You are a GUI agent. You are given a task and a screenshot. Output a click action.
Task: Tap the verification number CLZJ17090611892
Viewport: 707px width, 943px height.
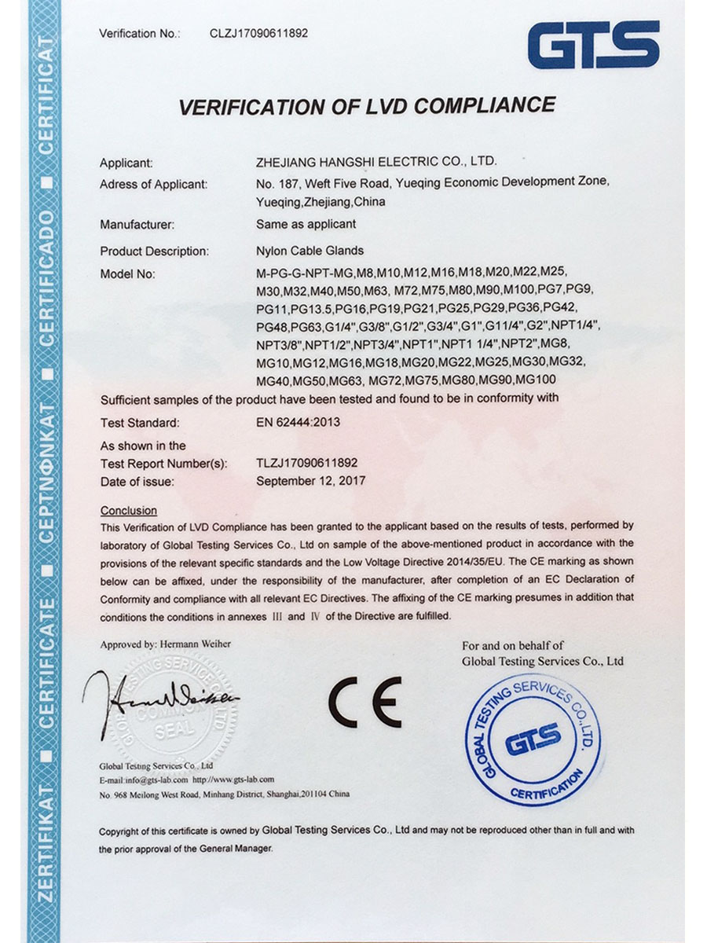(x=258, y=33)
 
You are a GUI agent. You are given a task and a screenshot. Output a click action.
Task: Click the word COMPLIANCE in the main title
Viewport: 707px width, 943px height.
(x=469, y=105)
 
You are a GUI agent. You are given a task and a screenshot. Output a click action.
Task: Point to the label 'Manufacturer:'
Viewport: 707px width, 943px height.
(x=137, y=224)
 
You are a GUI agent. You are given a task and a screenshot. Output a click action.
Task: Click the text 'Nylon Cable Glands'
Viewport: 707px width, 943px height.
(x=310, y=251)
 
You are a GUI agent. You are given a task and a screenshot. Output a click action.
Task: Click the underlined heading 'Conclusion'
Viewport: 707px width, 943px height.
(x=129, y=510)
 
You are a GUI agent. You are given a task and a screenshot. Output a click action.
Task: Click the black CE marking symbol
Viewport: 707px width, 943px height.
(x=364, y=702)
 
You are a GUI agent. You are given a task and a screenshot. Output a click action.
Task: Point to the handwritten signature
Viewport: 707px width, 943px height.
(x=161, y=699)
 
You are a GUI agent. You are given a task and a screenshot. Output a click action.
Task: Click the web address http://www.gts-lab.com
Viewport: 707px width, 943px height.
(x=233, y=780)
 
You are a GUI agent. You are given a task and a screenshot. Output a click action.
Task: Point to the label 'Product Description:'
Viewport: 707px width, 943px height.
(x=154, y=251)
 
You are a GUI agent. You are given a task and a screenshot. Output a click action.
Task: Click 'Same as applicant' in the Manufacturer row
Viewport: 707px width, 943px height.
(x=306, y=224)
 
